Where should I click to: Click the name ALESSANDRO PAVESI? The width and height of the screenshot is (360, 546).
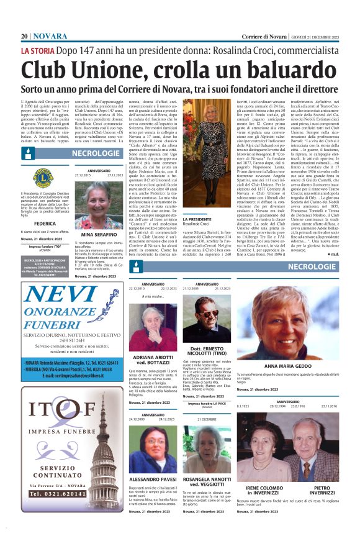pyautogui.click(x=151, y=480)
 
